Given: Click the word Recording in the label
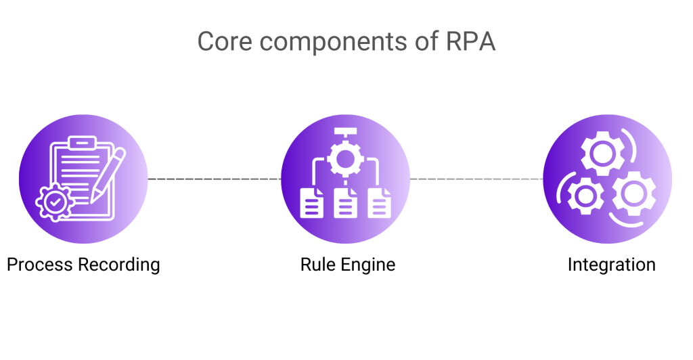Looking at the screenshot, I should click(119, 265).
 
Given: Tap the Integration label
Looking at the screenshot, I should click(611, 264).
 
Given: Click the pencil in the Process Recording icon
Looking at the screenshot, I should click(109, 173).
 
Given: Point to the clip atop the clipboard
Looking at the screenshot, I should click(83, 142).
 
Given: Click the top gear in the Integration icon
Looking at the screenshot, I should click(601, 152).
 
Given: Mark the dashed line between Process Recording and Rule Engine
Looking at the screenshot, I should click(214, 179).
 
